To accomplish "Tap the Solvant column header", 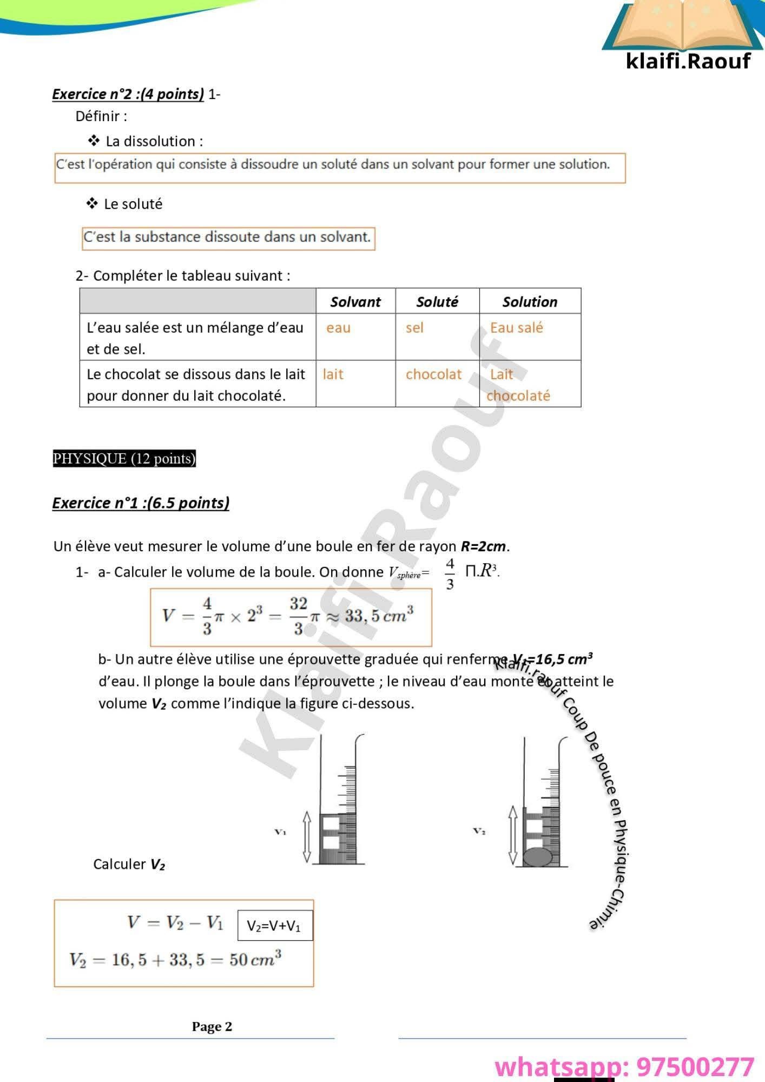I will coord(355,302).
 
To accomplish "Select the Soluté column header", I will coord(437,302).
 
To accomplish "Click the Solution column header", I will coord(530,302).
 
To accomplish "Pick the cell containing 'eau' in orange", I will coord(339,328).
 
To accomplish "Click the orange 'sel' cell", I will coord(414,328).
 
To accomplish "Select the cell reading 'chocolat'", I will coord(434,374).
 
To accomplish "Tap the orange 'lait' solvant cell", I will coord(333,374).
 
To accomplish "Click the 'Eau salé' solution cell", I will coord(516,328).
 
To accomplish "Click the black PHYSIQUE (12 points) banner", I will coord(124,458).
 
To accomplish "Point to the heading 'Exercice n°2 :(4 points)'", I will coord(128,94).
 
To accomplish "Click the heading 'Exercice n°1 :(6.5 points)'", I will coord(141,503).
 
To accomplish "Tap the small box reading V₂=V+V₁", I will coord(275,926).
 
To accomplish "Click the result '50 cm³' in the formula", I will coord(255,960).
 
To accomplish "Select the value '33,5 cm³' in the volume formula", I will coord(379,616).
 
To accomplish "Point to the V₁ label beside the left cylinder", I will coord(280,832).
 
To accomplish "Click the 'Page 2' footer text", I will coord(212,1027).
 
